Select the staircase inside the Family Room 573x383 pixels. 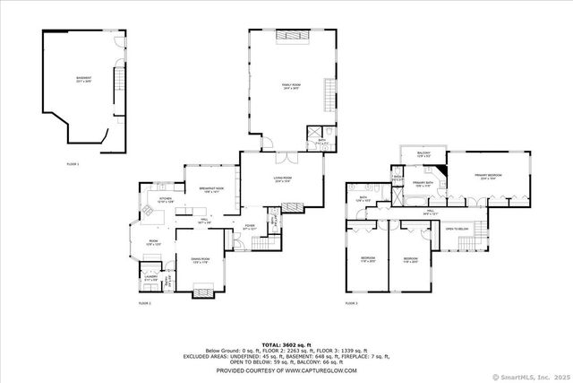point(328,94)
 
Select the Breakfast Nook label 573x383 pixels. point(210,190)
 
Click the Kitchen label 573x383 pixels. point(166,201)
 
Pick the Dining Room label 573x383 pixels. point(199,260)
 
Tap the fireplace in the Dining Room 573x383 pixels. point(203,292)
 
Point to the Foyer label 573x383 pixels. point(251,227)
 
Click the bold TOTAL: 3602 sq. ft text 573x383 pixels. point(286,344)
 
